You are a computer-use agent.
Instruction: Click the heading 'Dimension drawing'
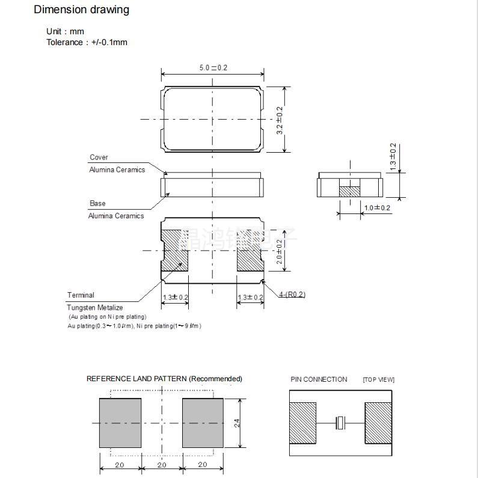point(81,10)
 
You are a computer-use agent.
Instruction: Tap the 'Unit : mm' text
point(65,31)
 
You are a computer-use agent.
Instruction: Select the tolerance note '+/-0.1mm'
point(109,42)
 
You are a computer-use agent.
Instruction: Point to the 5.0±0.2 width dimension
point(213,68)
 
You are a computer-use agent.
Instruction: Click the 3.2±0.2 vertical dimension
point(280,120)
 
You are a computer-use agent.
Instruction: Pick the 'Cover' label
point(99,158)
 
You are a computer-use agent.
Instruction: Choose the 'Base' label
point(97,203)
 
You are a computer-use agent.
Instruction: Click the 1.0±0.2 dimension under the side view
point(377,208)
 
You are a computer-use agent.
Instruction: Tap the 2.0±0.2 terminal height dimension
point(279,252)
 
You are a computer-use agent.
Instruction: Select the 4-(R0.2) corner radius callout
point(292,295)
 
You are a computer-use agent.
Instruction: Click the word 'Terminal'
point(81,295)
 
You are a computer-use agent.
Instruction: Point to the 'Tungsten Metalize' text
point(95,308)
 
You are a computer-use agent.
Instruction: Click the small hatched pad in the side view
point(349,191)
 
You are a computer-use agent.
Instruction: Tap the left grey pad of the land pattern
point(120,423)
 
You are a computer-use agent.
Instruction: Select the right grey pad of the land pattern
point(203,423)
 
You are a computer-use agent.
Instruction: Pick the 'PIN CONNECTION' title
point(319,379)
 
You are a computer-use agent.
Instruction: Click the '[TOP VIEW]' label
point(378,379)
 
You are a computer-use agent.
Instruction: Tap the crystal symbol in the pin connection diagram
point(340,423)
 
